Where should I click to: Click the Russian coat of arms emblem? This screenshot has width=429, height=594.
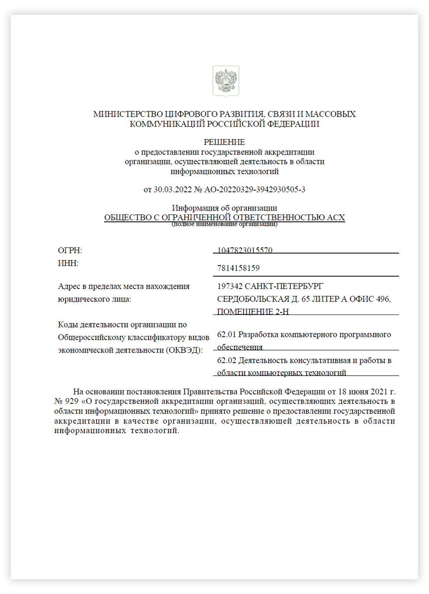[x=226, y=81]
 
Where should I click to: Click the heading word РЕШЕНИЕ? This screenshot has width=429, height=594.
[x=224, y=142]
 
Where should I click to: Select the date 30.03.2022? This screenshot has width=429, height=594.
[x=172, y=189]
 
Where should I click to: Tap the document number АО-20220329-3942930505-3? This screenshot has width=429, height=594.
[x=255, y=189]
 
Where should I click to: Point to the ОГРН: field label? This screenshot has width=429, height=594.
[x=70, y=250]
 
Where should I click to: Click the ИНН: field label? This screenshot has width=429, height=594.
[x=68, y=263]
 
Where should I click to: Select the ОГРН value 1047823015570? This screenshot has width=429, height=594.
[x=245, y=250]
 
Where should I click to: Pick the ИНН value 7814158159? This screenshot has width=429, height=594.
[x=238, y=268]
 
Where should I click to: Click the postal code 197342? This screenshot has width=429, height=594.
[x=229, y=286]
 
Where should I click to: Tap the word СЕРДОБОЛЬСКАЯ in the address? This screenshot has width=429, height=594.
[x=253, y=299]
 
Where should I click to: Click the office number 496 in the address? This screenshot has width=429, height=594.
[x=383, y=299]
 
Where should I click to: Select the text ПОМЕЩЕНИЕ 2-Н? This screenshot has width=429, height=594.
[x=252, y=312]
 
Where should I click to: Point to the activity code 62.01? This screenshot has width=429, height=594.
[x=226, y=334]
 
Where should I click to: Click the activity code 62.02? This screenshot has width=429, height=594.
[x=226, y=360]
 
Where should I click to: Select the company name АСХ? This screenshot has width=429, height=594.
[x=336, y=217]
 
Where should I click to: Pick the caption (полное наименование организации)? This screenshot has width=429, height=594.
[x=224, y=224]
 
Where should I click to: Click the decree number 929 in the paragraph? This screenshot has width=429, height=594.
[x=71, y=401]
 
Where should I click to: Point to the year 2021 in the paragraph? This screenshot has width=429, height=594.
[x=379, y=392]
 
